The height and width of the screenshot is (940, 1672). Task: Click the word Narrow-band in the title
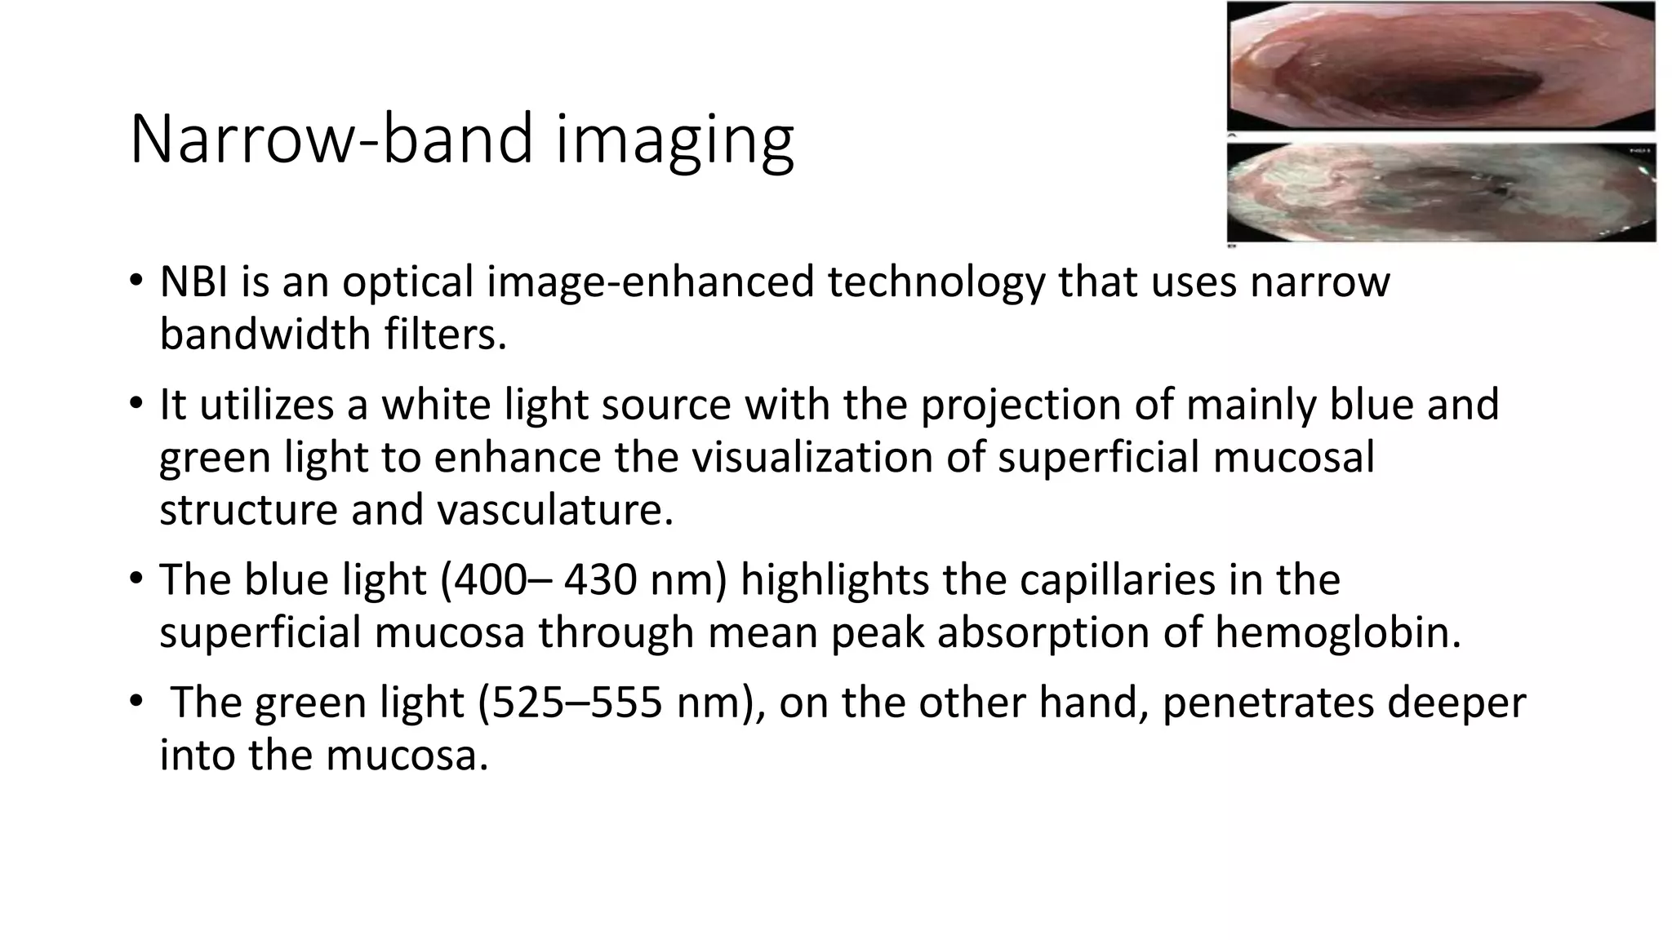click(330, 139)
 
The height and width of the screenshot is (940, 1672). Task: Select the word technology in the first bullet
click(936, 283)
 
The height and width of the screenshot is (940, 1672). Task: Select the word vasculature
click(555, 510)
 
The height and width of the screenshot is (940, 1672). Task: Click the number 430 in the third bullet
click(600, 580)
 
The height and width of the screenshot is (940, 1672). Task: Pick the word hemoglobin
click(1338, 632)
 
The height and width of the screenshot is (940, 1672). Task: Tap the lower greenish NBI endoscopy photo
click(1441, 193)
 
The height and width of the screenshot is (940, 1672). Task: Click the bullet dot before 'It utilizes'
click(135, 404)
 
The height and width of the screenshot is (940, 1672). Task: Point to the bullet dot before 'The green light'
click(135, 702)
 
